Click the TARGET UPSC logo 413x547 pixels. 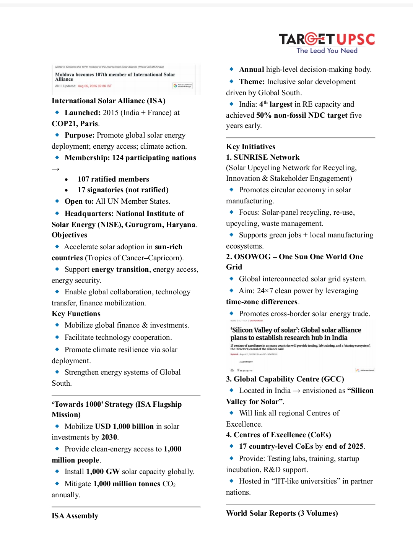(327, 39)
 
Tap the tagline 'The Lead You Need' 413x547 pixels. (327, 50)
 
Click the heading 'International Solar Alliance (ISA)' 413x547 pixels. (109, 101)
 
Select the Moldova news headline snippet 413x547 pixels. (115, 77)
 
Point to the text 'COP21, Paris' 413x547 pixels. (75, 124)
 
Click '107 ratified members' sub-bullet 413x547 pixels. (113, 179)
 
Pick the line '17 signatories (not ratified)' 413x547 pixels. (123, 190)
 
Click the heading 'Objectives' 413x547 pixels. (70, 235)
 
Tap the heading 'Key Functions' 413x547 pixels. (76, 314)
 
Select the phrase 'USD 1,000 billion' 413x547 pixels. (124, 427)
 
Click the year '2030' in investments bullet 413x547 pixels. (109, 437)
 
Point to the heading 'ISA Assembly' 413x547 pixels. (75, 516)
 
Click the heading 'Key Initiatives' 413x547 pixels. (250, 147)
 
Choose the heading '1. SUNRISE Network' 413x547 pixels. (263, 157)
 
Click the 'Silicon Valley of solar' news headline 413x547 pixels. (296, 334)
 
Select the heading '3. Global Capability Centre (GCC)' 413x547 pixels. (285, 379)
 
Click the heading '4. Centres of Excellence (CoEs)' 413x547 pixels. (278, 435)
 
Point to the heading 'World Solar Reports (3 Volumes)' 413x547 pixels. (282, 513)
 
